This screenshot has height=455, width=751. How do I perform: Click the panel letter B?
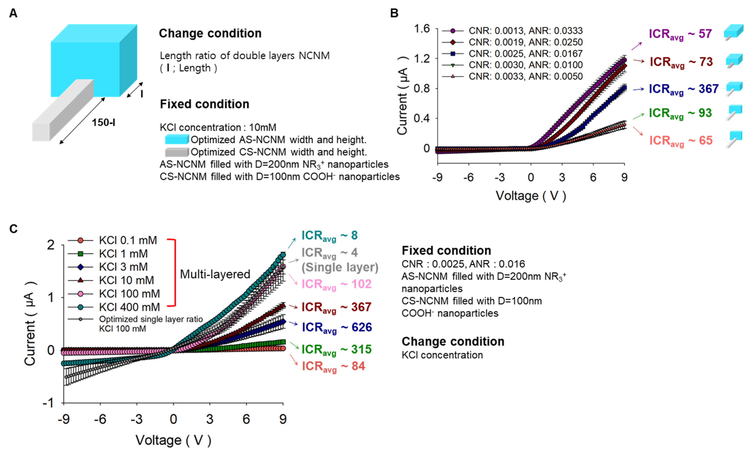[x=394, y=13]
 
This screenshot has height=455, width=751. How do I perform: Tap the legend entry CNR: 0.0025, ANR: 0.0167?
[x=525, y=54]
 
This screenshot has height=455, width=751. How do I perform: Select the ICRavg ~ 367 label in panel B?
[x=684, y=89]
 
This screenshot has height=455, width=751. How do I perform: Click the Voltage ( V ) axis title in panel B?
[x=531, y=196]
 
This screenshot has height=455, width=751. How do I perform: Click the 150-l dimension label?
[x=104, y=123]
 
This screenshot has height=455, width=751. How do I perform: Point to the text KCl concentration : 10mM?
[x=218, y=127]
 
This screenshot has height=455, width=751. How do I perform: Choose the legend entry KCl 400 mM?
[x=129, y=307]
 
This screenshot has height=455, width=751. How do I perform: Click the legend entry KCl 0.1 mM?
[x=128, y=240]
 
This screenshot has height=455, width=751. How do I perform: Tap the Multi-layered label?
[x=215, y=274]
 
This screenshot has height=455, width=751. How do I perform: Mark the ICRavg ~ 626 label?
[x=337, y=327]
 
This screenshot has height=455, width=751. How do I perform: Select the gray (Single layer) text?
[x=340, y=267]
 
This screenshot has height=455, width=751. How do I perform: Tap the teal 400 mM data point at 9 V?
[x=283, y=255]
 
